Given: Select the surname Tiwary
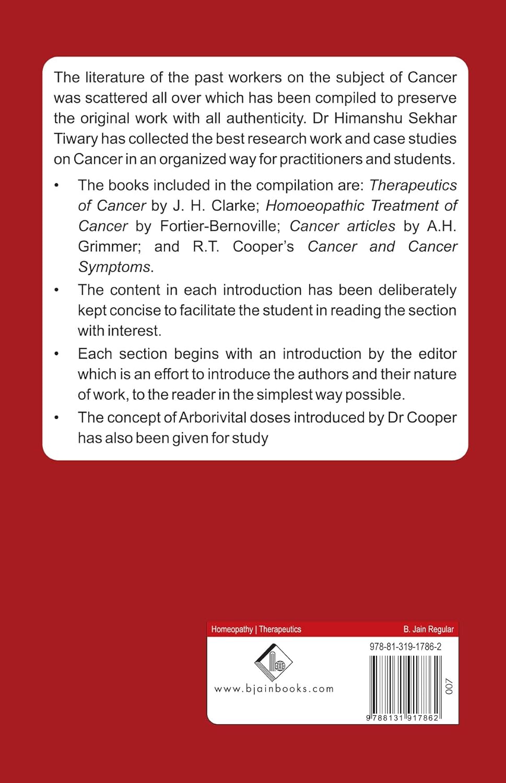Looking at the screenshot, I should click(x=76, y=139).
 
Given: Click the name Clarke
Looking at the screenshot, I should click(x=234, y=206).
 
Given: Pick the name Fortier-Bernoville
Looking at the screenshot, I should click(x=218, y=226).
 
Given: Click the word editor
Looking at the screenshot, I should click(x=438, y=354).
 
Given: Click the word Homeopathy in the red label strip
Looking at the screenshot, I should click(x=232, y=629).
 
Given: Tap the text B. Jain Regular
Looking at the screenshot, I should click(x=428, y=629).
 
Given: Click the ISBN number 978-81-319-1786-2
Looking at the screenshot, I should click(x=405, y=646).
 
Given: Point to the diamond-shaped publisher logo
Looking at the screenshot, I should click(x=273, y=662).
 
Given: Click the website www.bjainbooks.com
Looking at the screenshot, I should click(x=274, y=689).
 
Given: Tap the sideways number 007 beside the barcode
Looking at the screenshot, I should click(x=449, y=686).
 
